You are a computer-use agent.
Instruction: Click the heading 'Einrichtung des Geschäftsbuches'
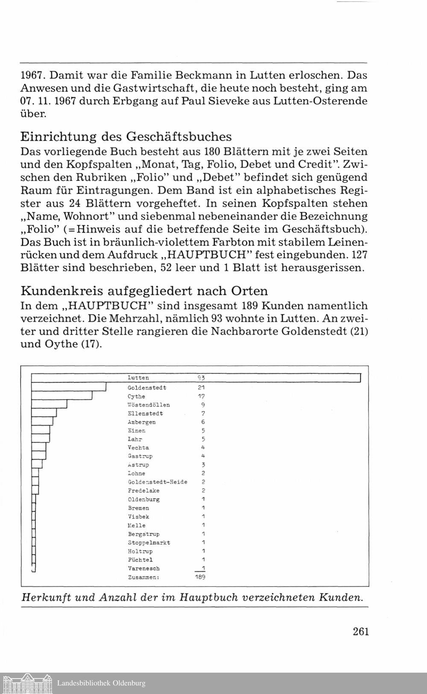tap(126, 137)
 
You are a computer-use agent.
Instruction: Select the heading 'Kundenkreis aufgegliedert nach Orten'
tap(144, 291)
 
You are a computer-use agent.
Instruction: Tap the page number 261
tap(361, 631)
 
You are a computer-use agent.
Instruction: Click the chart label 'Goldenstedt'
tap(147, 388)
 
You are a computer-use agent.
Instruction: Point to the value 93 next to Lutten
tap(201, 378)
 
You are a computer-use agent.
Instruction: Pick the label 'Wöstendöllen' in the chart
tap(149, 405)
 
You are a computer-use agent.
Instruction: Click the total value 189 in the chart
tap(200, 577)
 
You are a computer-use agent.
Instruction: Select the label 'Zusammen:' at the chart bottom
tap(143, 577)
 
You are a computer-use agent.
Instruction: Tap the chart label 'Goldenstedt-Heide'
tap(157, 482)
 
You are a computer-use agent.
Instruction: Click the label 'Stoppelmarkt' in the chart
tap(149, 543)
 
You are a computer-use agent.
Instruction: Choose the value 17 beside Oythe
tap(201, 397)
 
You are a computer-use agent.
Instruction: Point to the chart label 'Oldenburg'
tap(143, 500)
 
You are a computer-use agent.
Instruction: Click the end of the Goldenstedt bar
tap(105, 387)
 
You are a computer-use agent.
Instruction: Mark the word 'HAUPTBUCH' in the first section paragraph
tap(206, 255)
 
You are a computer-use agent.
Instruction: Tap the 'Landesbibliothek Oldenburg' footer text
tap(101, 683)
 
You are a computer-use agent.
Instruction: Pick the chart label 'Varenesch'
tap(143, 569)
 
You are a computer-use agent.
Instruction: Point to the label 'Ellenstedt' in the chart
tap(145, 414)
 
